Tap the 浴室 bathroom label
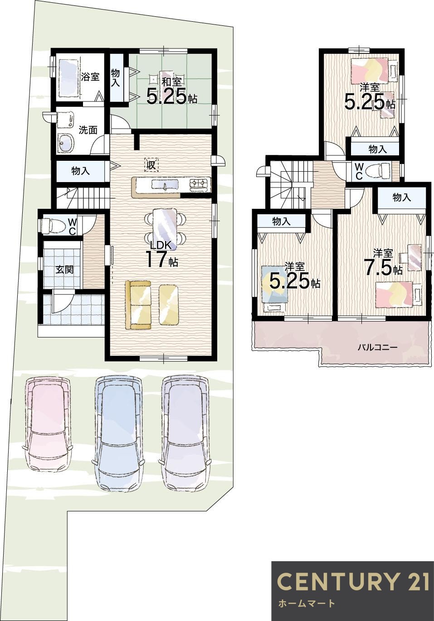pyautogui.click(x=90, y=77)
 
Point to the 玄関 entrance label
pyautogui.click(x=64, y=270)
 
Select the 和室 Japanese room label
pyautogui.click(x=171, y=82)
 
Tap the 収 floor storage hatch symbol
pyautogui.click(x=151, y=165)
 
